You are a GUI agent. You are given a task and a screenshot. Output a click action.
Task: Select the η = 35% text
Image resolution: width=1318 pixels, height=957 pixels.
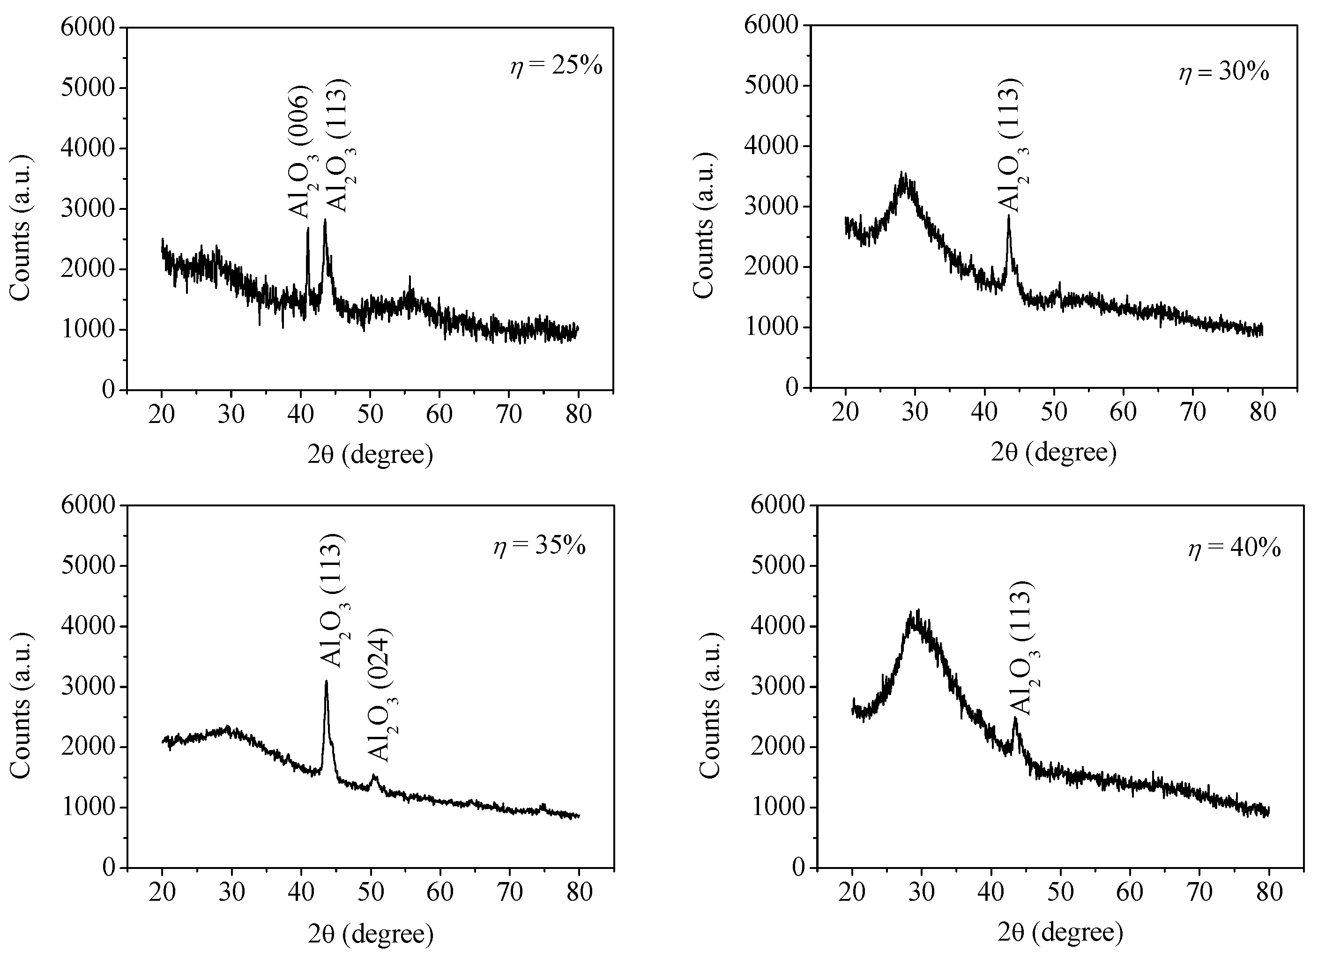tap(540, 546)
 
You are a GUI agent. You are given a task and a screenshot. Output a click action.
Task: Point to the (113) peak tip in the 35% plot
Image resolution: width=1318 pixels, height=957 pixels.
tap(327, 681)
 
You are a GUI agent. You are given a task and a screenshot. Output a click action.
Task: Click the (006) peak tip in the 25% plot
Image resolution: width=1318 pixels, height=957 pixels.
tap(307, 228)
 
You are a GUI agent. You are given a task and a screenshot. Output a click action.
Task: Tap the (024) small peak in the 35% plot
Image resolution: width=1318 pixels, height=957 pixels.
tap(374, 775)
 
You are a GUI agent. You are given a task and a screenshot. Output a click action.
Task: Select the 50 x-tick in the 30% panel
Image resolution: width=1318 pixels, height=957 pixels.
tap(1054, 412)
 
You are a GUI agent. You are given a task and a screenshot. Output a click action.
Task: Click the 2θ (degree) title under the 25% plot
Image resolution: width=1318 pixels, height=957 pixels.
tap(370, 454)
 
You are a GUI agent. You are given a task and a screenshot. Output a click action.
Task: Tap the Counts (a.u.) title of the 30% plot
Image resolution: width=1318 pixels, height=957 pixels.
tap(705, 227)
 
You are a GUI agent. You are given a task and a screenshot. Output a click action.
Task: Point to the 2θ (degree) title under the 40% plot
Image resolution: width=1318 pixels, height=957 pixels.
tap(1060, 933)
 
